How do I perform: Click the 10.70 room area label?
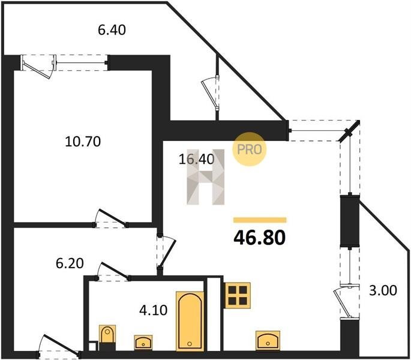pyautogui.click(x=82, y=142)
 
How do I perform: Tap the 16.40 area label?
pyautogui.click(x=196, y=159)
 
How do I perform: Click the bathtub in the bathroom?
pyautogui.click(x=190, y=320)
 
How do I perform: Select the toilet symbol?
pyautogui.click(x=107, y=335)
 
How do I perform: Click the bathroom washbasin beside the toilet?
pyautogui.click(x=143, y=342)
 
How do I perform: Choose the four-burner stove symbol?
pyautogui.click(x=236, y=294)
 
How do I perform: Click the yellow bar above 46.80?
pyautogui.click(x=260, y=220)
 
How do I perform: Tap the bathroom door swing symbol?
pyautogui.click(x=114, y=271)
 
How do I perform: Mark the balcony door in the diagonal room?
pyautogui.click(x=211, y=90)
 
